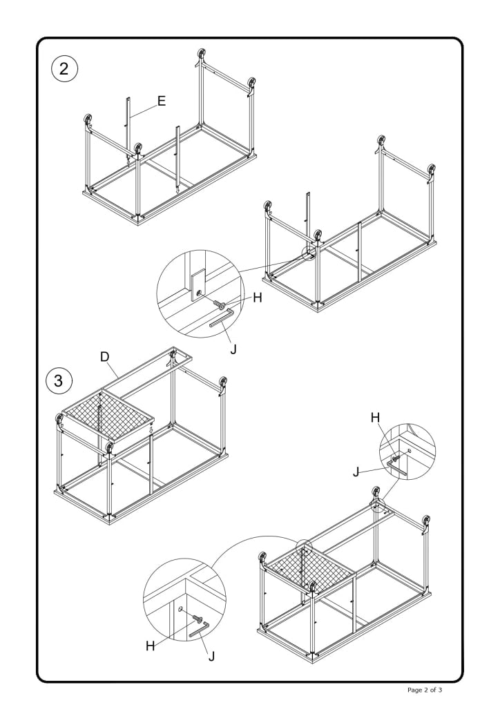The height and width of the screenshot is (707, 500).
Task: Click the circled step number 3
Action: coord(59,380)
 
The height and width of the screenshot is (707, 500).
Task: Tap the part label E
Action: coord(161,101)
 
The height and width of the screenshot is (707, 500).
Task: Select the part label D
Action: coord(105,356)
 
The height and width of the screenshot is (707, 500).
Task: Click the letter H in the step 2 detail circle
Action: coord(258,298)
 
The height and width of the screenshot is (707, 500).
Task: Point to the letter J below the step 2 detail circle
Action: coord(233,349)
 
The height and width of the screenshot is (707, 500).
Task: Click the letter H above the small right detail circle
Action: coord(375,417)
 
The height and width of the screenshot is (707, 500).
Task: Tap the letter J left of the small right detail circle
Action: coord(356,472)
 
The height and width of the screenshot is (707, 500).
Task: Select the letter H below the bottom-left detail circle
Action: coord(151,646)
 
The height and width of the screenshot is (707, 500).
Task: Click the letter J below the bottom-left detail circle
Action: coord(211,656)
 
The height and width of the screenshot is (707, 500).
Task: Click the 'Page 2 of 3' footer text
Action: coord(435,690)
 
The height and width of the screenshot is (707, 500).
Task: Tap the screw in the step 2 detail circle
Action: coord(222,304)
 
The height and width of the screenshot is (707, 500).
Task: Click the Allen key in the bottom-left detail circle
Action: coord(199,630)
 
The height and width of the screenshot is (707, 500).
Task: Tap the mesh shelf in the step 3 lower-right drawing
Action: coord(307,566)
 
